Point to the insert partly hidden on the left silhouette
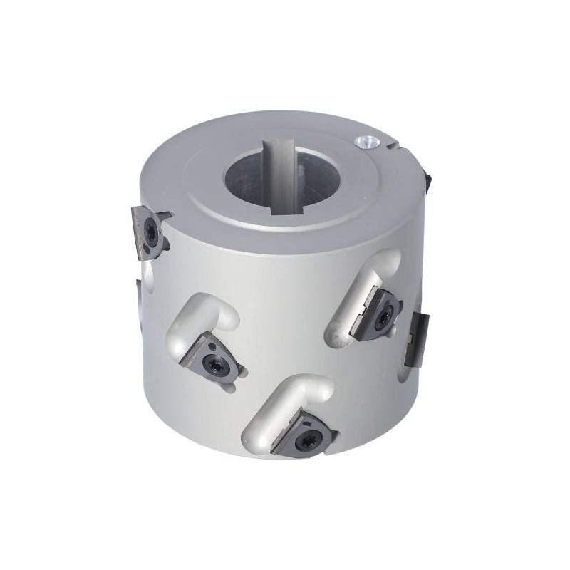(x=139, y=303)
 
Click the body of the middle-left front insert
(x=203, y=356)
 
